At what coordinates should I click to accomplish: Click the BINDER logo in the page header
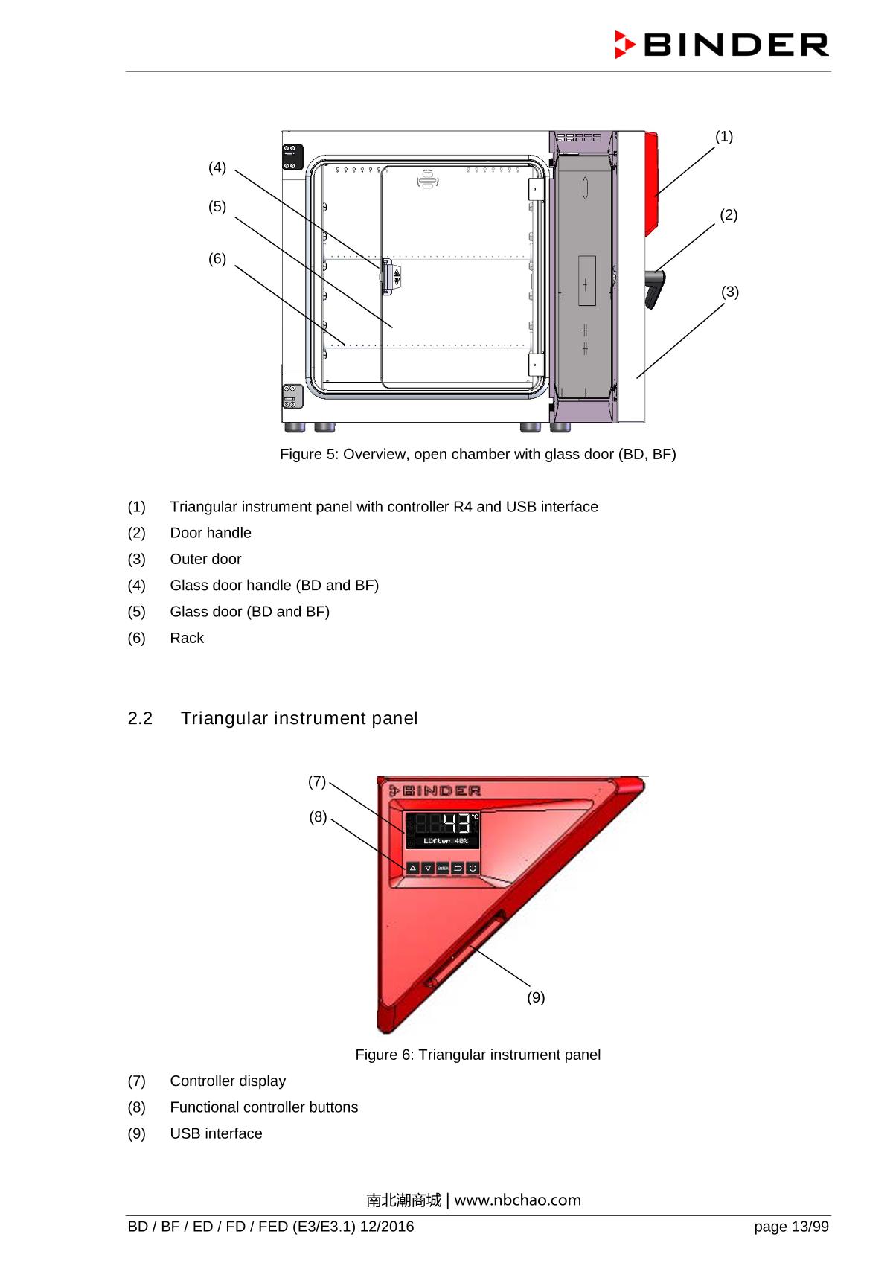tap(721, 45)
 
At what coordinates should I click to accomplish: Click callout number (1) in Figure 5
tap(724, 137)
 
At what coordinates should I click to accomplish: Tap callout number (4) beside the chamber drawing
tap(217, 167)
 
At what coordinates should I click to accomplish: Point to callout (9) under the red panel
tap(536, 997)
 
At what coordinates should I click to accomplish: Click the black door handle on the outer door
tap(654, 288)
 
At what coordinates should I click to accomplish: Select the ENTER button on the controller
tap(442, 868)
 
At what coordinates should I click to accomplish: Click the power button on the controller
tap(473, 868)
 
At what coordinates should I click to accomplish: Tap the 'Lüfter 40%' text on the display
tap(446, 841)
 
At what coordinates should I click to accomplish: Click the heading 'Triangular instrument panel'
tap(299, 718)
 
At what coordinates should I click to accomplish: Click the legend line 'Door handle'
tap(211, 533)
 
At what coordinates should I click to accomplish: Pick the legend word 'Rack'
tap(187, 638)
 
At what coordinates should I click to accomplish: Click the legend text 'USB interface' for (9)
tap(216, 1133)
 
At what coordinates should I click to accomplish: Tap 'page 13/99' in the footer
tap(791, 1227)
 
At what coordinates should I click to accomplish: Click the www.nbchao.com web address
tap(517, 1200)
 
